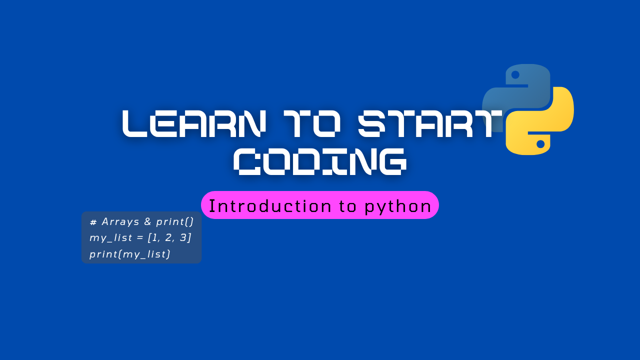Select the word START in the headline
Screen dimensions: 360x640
click(430, 123)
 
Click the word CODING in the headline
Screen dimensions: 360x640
click(320, 161)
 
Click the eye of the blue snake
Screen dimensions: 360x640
click(515, 75)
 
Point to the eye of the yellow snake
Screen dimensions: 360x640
click(540, 144)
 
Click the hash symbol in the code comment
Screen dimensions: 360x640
click(93, 222)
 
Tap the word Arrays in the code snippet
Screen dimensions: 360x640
click(120, 221)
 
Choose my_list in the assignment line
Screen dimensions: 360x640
click(110, 238)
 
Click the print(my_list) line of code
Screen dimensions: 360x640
click(130, 254)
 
